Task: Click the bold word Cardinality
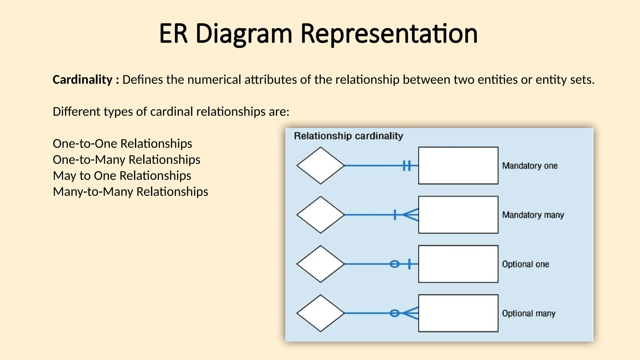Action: (82, 80)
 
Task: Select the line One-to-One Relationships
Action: (122, 144)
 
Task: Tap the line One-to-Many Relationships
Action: (127, 160)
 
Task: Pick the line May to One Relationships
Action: (122, 176)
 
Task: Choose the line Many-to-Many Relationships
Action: (130, 192)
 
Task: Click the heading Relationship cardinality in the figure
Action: (348, 136)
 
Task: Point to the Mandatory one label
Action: (530, 166)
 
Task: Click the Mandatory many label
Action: (533, 215)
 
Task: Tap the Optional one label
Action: (525, 264)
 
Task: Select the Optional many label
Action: (528, 313)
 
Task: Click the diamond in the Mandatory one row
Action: (320, 166)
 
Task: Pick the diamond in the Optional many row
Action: (320, 313)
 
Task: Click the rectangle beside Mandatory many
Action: (458, 215)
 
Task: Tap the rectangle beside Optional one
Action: (458, 264)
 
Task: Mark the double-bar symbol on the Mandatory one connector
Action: (407, 166)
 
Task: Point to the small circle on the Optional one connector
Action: (395, 264)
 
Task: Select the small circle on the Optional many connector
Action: (395, 313)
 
